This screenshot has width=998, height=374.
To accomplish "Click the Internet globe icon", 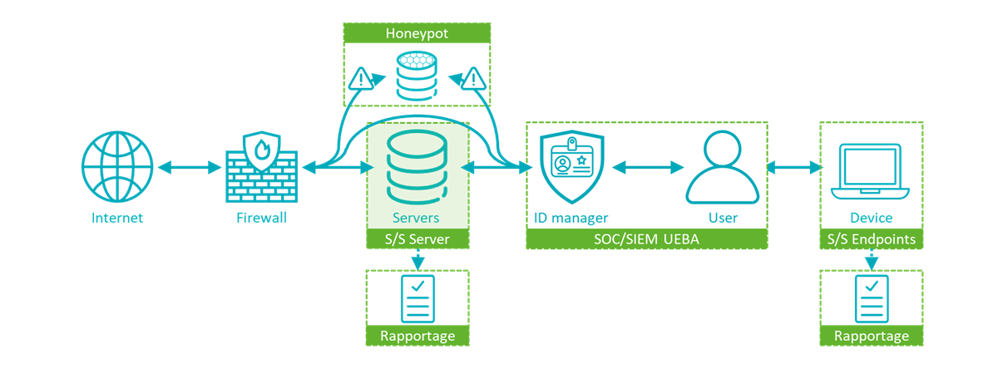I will [x=117, y=167].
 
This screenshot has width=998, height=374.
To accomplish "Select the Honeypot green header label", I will [x=417, y=33].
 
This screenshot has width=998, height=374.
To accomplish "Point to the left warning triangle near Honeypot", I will [x=361, y=79].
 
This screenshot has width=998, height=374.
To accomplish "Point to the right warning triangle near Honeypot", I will [x=473, y=79].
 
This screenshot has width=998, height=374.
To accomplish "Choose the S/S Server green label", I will [x=417, y=240].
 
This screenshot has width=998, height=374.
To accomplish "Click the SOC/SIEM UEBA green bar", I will [x=646, y=240].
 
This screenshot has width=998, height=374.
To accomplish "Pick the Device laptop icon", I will [x=871, y=170].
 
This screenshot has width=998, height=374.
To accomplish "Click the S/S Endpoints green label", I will [x=872, y=240].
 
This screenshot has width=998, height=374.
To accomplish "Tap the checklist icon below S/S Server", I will [x=417, y=298].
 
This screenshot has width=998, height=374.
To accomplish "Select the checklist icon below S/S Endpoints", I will [x=872, y=298].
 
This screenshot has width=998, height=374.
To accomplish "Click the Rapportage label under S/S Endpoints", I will [x=872, y=337].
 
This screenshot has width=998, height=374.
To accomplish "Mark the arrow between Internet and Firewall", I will [x=189, y=168].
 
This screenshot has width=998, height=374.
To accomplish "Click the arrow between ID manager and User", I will [x=646, y=168].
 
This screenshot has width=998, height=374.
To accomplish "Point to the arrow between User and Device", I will [x=793, y=168].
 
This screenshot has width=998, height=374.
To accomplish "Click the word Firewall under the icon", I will [x=261, y=219].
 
